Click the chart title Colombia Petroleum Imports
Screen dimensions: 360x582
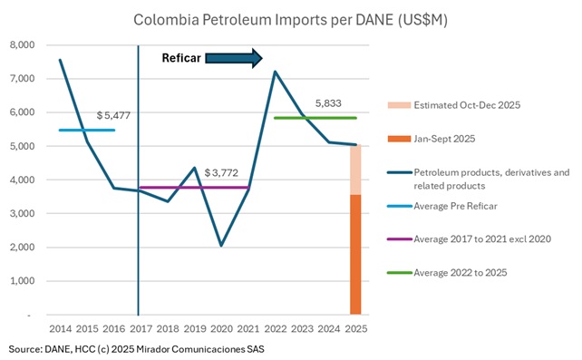pos(290,18)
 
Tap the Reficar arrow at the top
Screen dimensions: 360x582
pos(234,59)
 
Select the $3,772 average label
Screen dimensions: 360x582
pos(223,172)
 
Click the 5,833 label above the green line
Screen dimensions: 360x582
pos(328,104)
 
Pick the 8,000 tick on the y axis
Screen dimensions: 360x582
pos(21,44)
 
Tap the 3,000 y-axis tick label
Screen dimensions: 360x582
pos(21,213)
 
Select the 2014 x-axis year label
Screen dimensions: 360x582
pos(61,327)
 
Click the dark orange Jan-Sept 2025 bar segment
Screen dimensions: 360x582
pos(356,254)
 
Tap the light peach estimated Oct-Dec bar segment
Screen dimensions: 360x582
pos(356,170)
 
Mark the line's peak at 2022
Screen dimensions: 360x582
pos(275,72)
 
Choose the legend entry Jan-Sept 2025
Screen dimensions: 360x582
pos(443,138)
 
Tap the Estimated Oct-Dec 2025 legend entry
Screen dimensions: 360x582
pos(468,104)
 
